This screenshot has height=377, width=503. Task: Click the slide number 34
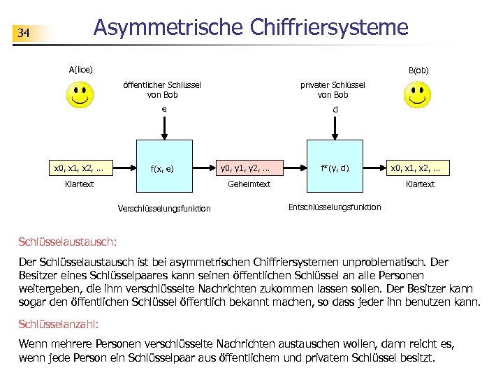pos(24,34)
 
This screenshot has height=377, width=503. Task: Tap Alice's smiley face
pos(80,95)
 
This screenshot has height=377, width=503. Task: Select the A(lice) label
pos(80,70)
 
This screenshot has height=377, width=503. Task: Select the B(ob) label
pos(418,71)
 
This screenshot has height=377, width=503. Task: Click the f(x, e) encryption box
pos(163,168)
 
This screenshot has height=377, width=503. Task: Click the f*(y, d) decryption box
pos(335,168)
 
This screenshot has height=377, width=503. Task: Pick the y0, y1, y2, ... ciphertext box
pos(249,168)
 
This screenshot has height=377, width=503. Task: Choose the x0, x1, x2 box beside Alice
pos(80,168)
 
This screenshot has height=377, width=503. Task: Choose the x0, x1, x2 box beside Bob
pos(420,168)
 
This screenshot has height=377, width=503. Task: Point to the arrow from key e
pos(163,128)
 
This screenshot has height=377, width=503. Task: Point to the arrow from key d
pos(335,130)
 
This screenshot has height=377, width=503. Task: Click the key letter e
pos(163,109)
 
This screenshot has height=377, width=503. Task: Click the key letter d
pos(335,110)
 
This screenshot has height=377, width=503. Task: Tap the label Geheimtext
pos(249,184)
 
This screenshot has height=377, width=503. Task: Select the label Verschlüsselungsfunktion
pos(165,209)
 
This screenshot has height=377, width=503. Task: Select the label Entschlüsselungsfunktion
pos(335,207)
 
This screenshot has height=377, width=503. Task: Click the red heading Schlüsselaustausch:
pos(68,242)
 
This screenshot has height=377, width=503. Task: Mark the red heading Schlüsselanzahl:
pos(59,325)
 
